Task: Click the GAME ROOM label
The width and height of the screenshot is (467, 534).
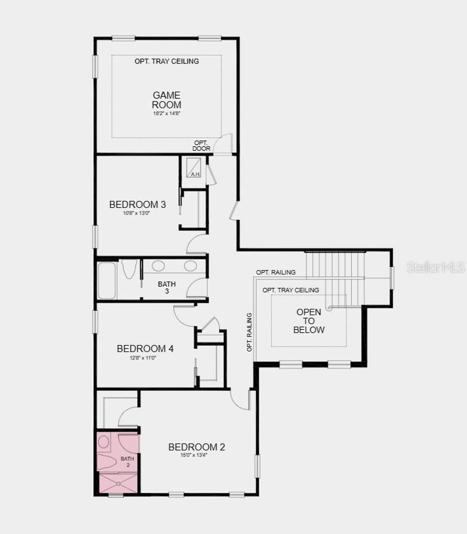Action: pyautogui.click(x=166, y=100)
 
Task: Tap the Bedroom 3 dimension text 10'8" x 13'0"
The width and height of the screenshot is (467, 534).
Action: pyautogui.click(x=137, y=213)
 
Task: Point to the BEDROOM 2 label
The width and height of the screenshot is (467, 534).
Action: pyautogui.click(x=197, y=447)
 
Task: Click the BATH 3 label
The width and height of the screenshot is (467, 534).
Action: pyautogui.click(x=167, y=288)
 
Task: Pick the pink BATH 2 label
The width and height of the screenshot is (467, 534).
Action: pyautogui.click(x=128, y=461)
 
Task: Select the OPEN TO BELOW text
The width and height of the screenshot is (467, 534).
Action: pyautogui.click(x=309, y=321)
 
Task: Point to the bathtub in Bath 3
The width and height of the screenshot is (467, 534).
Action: pyautogui.click(x=107, y=280)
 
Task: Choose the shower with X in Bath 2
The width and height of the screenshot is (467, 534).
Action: pyautogui.click(x=118, y=483)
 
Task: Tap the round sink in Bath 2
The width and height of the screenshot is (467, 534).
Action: pyautogui.click(x=104, y=441)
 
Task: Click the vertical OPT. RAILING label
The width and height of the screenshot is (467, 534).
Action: pyautogui.click(x=249, y=332)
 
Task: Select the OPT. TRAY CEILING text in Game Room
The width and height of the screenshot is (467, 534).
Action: pyautogui.click(x=166, y=61)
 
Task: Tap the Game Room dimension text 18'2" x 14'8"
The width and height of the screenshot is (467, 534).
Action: pyautogui.click(x=166, y=113)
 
